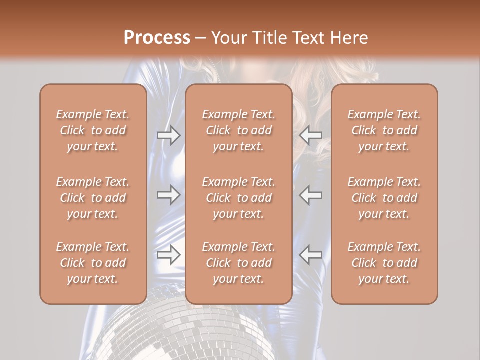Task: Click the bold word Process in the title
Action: (x=157, y=38)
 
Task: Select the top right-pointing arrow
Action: (x=168, y=135)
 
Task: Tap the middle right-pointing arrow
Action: (x=168, y=195)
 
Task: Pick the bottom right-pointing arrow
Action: (x=168, y=255)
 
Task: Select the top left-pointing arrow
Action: (x=310, y=135)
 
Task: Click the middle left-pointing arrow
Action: (x=310, y=195)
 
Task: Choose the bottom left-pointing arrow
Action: (x=310, y=255)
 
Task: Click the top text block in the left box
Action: (x=93, y=130)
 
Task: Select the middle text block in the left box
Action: (x=93, y=198)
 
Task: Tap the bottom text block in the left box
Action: (x=93, y=263)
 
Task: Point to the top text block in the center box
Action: (x=238, y=130)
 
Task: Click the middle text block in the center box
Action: (x=238, y=198)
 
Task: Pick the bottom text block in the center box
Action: (x=238, y=263)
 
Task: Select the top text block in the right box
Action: (x=384, y=130)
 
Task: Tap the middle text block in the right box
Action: (x=384, y=198)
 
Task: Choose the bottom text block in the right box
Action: (x=384, y=263)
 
